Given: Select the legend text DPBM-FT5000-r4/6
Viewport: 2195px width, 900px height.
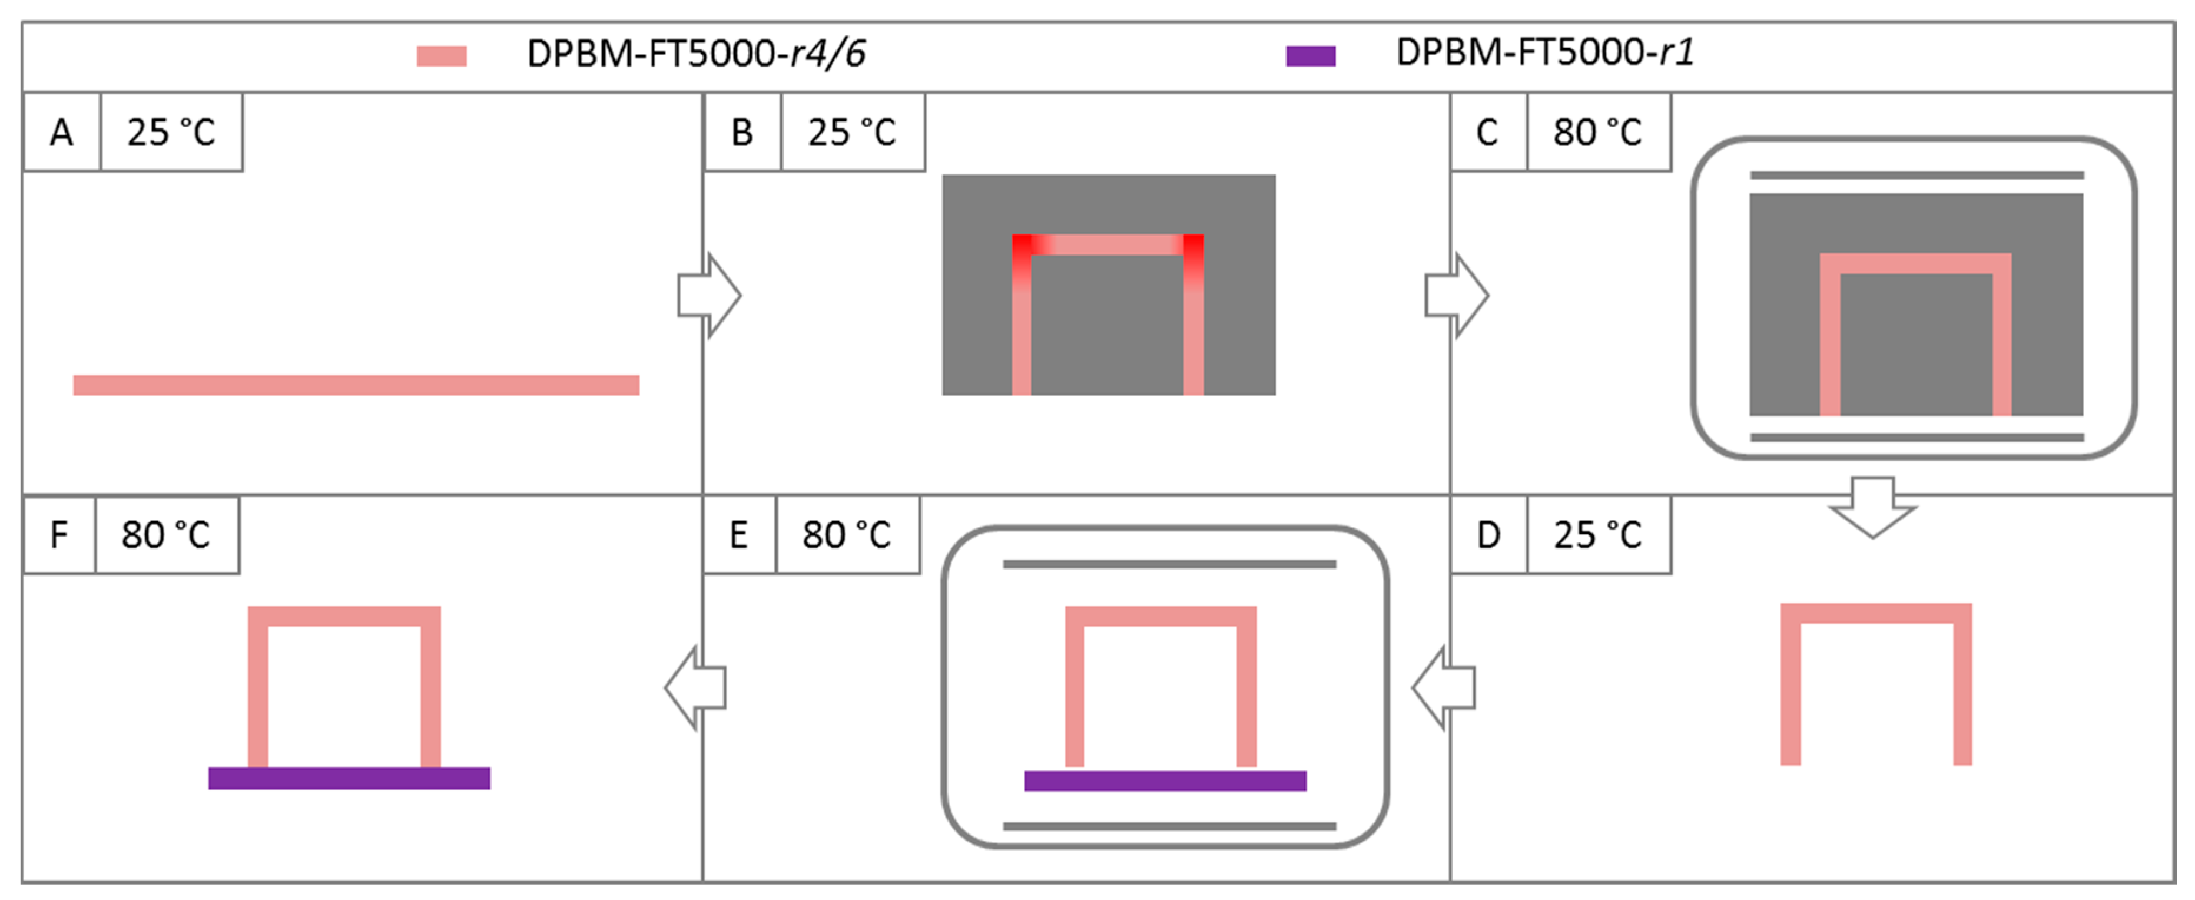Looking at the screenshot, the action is pyautogui.click(x=696, y=54).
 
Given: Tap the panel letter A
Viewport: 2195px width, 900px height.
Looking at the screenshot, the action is pyautogui.click(x=61, y=132).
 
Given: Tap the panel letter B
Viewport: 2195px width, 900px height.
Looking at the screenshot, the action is pyautogui.click(x=742, y=132).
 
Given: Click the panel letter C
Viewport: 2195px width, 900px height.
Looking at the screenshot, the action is pyautogui.click(x=1487, y=132).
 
